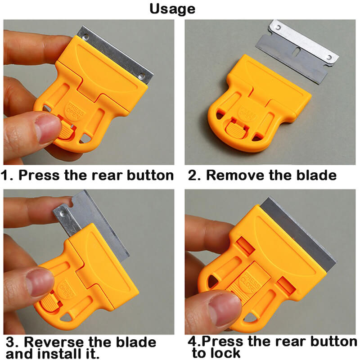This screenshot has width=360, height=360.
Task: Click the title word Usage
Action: (x=172, y=9)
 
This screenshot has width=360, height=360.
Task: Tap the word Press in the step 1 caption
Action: (x=39, y=175)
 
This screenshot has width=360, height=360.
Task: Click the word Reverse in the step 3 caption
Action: (x=54, y=342)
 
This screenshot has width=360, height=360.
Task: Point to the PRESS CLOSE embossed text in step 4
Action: (x=251, y=283)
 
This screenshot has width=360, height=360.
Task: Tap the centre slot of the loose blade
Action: (x=297, y=51)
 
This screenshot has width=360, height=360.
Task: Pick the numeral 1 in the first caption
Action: (x=4, y=175)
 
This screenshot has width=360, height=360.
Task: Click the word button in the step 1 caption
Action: (x=150, y=175)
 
